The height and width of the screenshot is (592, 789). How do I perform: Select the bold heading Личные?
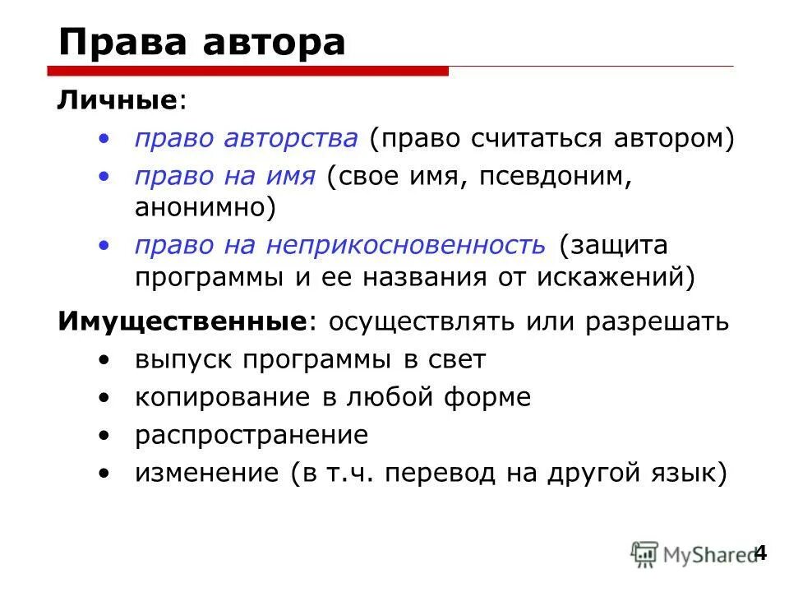117,101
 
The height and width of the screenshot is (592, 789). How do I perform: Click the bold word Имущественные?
182,321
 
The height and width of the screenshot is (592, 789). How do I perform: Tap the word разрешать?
657,321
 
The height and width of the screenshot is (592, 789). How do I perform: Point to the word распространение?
251,435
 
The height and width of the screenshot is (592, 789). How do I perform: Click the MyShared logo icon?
644,554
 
